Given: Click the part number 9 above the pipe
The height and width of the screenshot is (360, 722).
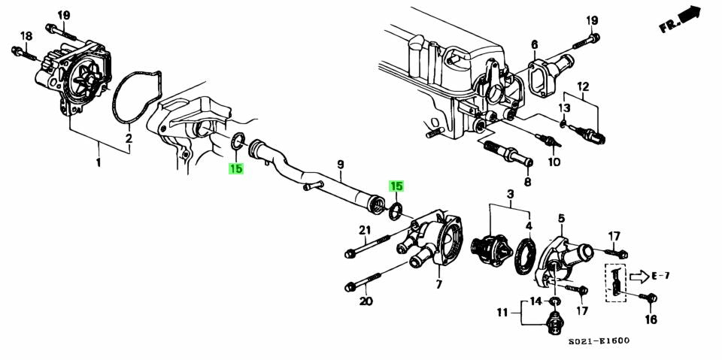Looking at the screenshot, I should (340, 164).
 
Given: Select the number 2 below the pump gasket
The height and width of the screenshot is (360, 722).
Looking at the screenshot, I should (129, 138).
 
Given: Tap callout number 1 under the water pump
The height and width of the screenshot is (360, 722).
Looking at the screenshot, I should (98, 162).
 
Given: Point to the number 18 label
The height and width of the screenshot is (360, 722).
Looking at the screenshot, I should (26, 36).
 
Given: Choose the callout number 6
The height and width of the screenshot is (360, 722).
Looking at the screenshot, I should (534, 44).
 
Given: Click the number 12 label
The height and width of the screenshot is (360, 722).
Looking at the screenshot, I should (583, 87).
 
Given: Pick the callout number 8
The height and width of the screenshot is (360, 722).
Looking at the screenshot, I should (526, 182).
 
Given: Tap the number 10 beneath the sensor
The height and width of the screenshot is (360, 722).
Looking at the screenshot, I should (554, 162).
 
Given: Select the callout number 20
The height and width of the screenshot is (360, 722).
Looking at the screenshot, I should (366, 302).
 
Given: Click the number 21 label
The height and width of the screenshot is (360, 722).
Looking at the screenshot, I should (365, 230).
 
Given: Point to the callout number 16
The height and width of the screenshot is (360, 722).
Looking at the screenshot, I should (651, 319).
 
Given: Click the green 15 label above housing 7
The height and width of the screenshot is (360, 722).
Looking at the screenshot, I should (396, 186).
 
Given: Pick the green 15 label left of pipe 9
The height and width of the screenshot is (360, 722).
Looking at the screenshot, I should (236, 169).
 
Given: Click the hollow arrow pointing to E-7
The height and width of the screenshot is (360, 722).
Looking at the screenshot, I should (638, 275).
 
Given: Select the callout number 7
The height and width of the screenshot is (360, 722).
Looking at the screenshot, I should (438, 285).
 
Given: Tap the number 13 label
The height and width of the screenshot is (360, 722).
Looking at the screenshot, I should (564, 108).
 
